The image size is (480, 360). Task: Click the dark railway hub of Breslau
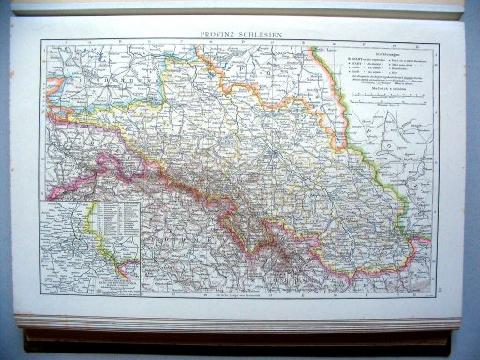pyautogui.click(x=268, y=149)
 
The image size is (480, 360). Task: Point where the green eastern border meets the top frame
pyautogui.click(x=326, y=40)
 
